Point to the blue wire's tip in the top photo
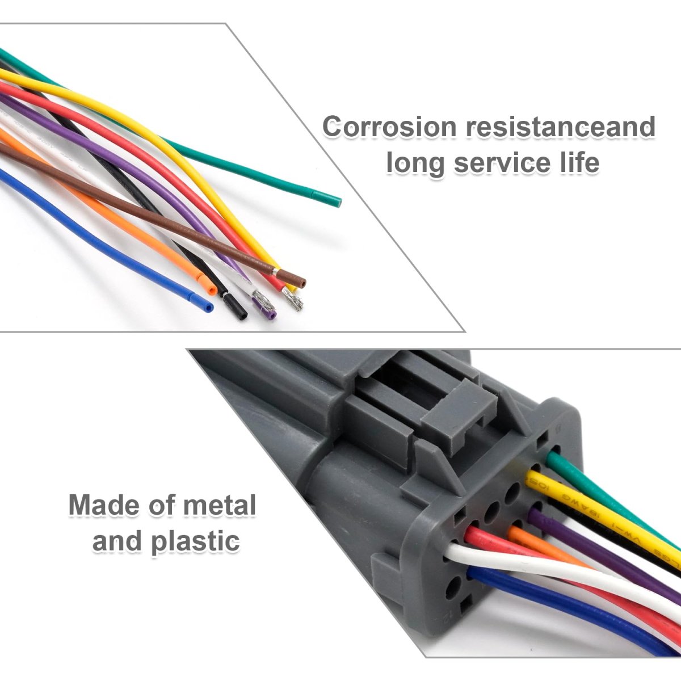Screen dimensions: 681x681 point(209,307)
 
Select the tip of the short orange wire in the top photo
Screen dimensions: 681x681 point(212,290)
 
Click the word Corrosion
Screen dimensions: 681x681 point(389,127)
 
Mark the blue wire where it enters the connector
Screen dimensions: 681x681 point(474,574)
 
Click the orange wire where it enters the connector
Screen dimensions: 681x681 point(514,533)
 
